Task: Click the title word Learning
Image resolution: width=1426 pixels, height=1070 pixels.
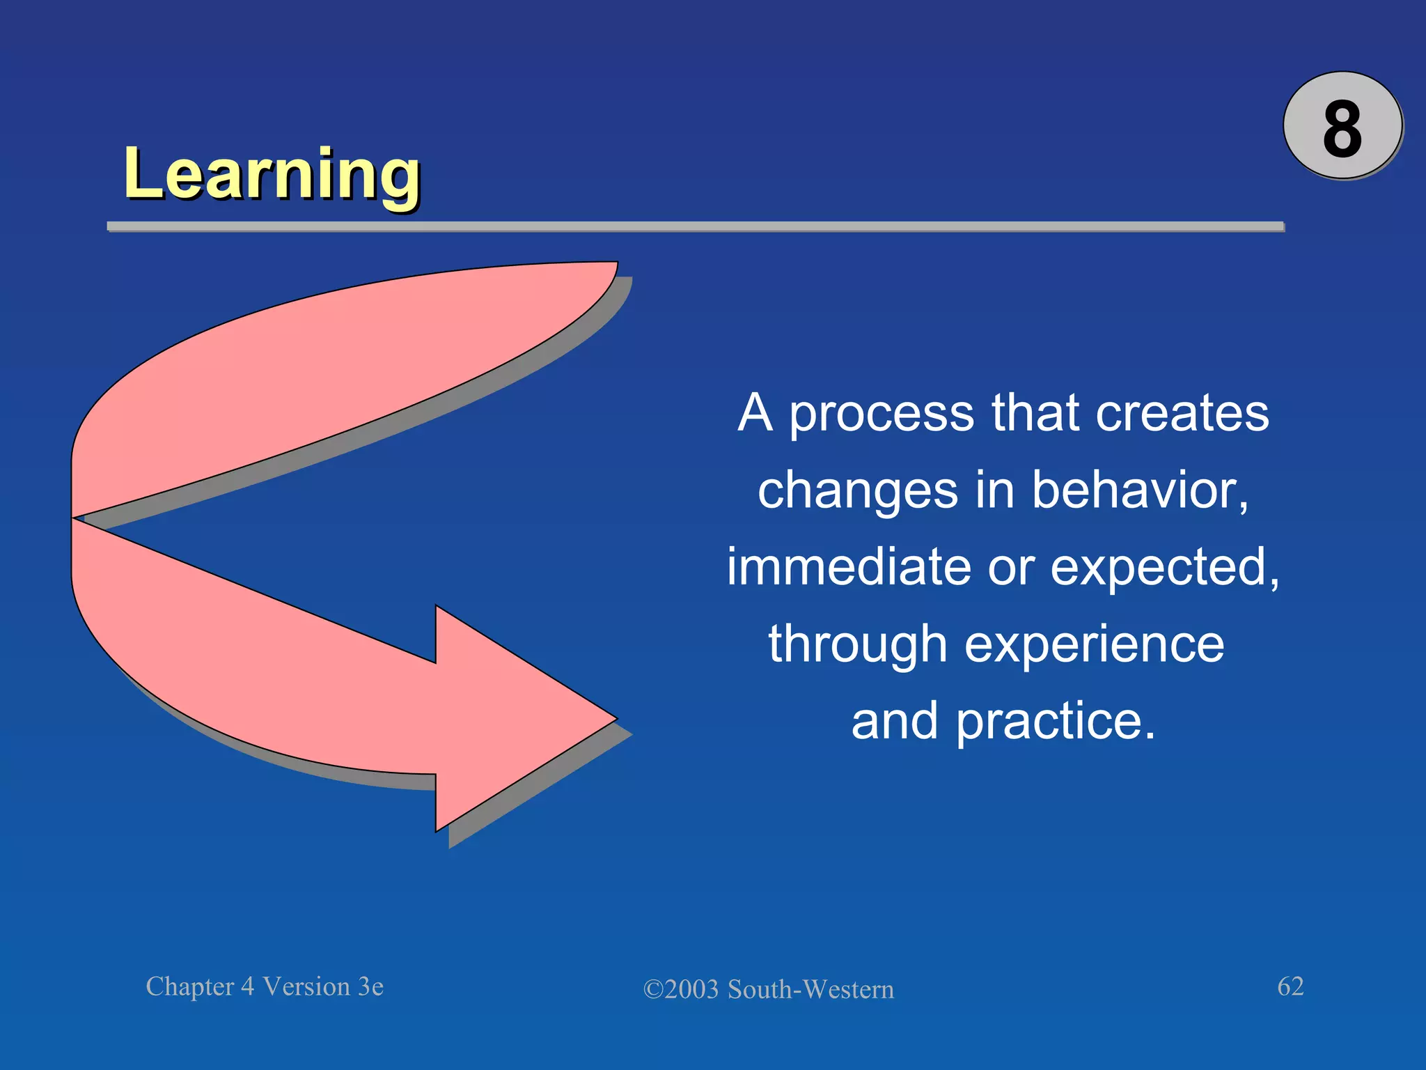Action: [x=272, y=174]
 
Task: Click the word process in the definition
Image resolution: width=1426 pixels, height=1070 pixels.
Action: [x=882, y=415]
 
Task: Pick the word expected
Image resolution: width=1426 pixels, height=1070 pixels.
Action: [x=1163, y=568]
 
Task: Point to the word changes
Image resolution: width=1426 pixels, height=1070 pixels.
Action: [x=858, y=491]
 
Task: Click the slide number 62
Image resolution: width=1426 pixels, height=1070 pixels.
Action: [x=1290, y=986]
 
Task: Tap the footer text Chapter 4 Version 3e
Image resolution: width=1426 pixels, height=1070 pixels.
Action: [x=265, y=986]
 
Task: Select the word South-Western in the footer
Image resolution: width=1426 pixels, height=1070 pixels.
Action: [x=810, y=989]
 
